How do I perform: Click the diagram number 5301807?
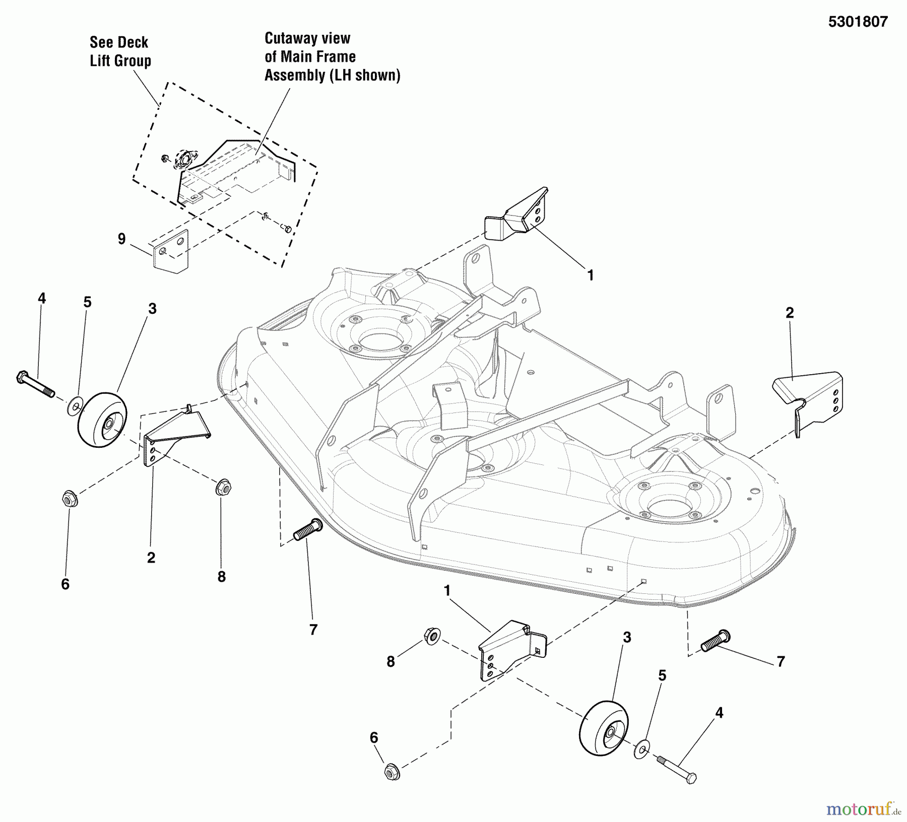point(858,22)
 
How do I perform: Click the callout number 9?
point(121,238)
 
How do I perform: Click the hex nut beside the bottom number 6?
point(392,772)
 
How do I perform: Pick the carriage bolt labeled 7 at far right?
point(715,641)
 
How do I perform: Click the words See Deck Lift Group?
point(120,51)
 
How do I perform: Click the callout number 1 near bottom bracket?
point(446,590)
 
